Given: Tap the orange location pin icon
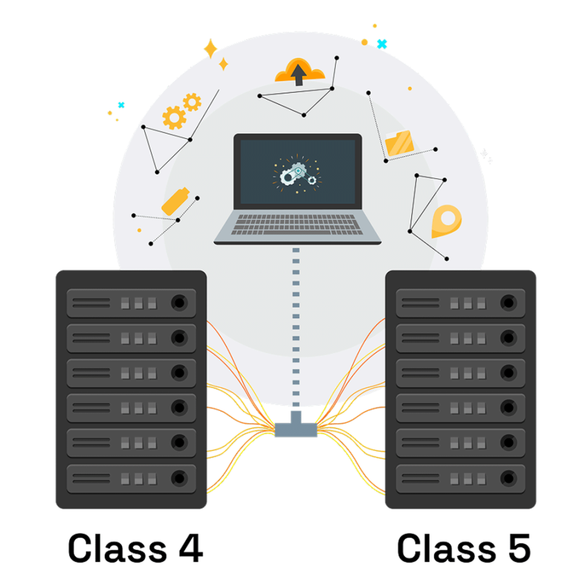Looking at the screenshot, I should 446,221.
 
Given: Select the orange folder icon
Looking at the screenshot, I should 400,144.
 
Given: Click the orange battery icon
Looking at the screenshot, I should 176,201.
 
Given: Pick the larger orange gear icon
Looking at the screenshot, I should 174,118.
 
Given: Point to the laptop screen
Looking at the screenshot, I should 297,172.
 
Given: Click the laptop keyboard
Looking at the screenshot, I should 297,225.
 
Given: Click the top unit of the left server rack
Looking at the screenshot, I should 131,302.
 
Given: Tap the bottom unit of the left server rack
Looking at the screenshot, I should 131,478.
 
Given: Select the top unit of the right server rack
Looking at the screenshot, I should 460,302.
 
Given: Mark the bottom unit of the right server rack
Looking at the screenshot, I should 460,478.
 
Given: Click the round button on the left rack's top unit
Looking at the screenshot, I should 179,302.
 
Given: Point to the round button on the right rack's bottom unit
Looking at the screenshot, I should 508,478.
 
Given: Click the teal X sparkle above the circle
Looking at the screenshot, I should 382,44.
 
